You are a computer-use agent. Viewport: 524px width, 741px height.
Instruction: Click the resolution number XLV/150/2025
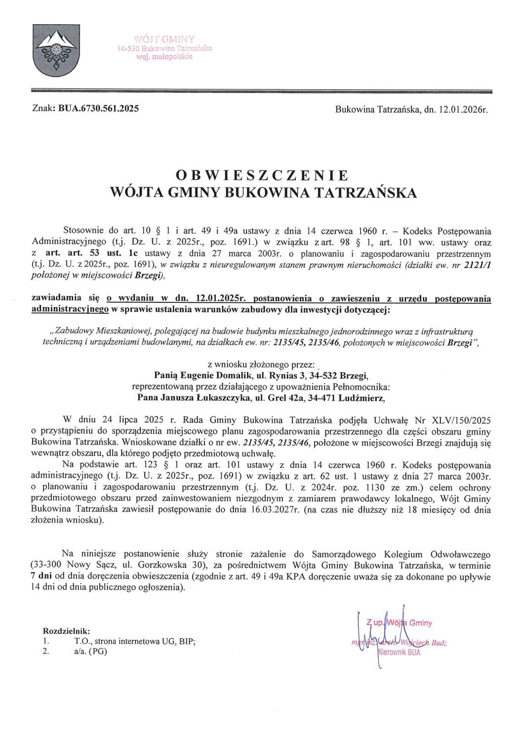point(460,421)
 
